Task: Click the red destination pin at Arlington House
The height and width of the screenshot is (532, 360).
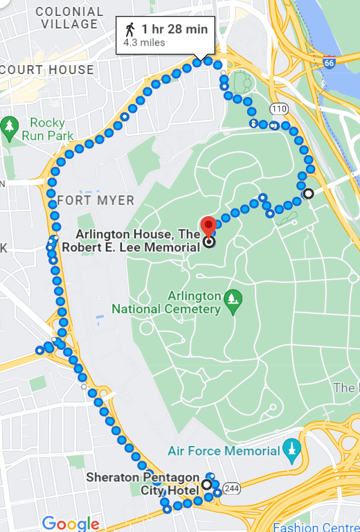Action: click(208, 226)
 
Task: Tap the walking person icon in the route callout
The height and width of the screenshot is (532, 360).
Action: click(129, 29)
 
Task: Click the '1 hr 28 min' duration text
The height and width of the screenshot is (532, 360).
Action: click(174, 29)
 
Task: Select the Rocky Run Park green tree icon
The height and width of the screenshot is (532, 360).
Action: click(9, 126)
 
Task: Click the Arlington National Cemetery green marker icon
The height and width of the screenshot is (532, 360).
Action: click(234, 299)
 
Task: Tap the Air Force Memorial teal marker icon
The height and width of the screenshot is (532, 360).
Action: click(291, 451)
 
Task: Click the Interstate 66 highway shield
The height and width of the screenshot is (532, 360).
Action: click(330, 62)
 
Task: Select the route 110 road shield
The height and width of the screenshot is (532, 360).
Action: click(278, 109)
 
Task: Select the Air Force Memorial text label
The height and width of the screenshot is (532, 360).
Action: click(224, 451)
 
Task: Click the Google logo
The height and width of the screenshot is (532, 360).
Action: click(70, 523)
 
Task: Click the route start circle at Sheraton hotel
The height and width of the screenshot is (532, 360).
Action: click(206, 485)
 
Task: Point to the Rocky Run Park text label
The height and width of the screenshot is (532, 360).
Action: click(48, 130)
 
